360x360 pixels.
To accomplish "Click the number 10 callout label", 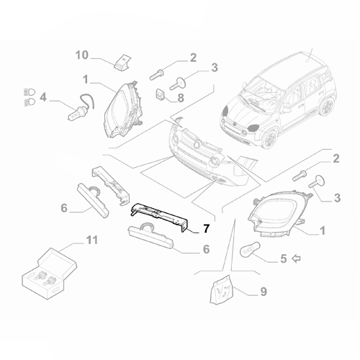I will pyautogui.click(x=81, y=55).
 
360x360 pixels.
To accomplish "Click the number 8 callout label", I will pyautogui.click(x=180, y=96).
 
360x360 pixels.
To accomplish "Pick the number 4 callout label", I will pyautogui.click(x=42, y=96).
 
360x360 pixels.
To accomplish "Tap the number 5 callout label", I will pyautogui.click(x=283, y=257).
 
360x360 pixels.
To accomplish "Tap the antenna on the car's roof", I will pyautogui.click(x=311, y=55).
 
